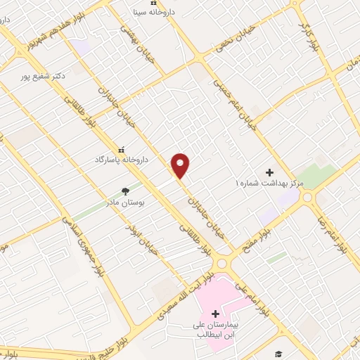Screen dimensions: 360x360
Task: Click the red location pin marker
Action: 181,165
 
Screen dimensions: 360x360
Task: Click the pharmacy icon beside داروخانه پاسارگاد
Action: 122,150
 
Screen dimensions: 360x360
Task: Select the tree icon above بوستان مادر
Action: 125,191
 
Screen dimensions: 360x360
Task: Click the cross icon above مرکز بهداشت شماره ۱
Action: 269,172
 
